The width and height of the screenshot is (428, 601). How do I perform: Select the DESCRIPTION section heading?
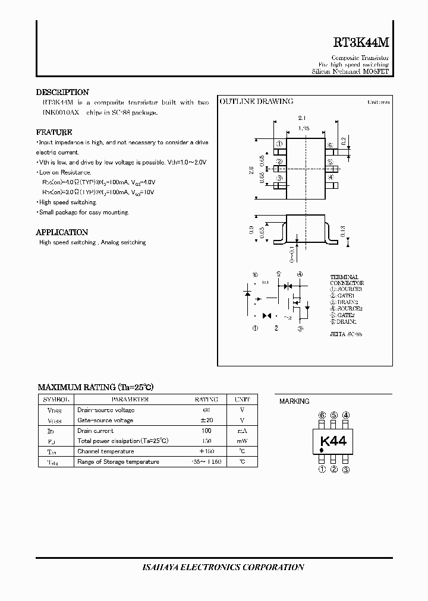pos(62,92)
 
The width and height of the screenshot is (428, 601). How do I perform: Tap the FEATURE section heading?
pos(54,132)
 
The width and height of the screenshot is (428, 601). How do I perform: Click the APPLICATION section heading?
pos(62,232)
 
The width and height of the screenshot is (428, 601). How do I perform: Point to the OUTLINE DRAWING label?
pos(257,102)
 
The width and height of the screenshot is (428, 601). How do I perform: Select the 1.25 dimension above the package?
pos(304,128)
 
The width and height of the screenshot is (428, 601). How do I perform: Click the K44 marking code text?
pos(333,441)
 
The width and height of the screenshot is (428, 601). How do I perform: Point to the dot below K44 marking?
pos(322,451)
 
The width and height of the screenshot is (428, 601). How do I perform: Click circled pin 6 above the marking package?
pos(322,415)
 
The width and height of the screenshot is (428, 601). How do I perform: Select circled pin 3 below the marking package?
pos(346,470)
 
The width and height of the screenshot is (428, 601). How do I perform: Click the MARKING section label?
pos(294,401)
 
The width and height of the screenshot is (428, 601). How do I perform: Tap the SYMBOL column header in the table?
pos(55,400)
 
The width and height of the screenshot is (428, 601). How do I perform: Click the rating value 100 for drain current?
pos(206,431)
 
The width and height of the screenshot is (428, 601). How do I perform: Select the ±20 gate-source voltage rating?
pos(206,420)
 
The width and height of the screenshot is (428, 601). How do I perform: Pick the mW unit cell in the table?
pos(242,441)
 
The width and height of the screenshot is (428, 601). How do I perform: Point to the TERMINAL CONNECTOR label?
pos(347,280)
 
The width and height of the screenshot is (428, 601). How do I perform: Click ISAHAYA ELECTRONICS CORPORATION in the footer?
pos(215,567)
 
